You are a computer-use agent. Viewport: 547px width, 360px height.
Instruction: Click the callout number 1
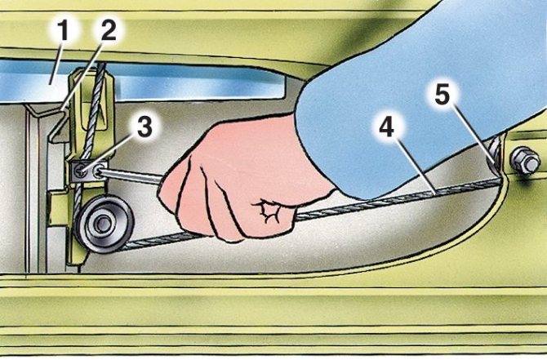(x=64, y=30)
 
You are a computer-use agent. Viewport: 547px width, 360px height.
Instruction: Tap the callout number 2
(x=109, y=30)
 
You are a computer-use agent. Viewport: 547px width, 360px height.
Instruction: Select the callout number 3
(x=145, y=127)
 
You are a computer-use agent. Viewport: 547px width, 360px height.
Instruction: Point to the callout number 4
(x=387, y=127)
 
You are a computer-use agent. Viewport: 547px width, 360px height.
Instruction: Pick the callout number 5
(x=442, y=94)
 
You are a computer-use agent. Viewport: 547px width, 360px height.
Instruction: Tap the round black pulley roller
(x=104, y=224)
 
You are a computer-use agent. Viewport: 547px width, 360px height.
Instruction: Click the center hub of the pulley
(x=101, y=224)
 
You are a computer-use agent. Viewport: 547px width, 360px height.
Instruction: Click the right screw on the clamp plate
(x=98, y=171)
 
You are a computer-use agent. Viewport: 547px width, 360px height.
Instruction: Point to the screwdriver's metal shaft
(x=133, y=176)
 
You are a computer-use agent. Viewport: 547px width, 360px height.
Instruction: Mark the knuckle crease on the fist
(x=267, y=211)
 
